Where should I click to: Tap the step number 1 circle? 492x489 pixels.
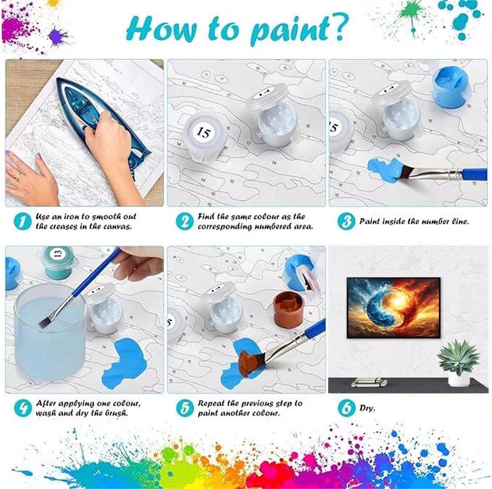(x=23, y=221)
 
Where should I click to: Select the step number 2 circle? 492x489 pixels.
(x=185, y=221)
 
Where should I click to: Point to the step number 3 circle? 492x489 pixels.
(x=346, y=221)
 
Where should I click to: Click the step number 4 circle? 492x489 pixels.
(x=23, y=408)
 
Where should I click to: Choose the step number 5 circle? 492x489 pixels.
(x=185, y=408)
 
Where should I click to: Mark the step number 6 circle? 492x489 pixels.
(x=346, y=408)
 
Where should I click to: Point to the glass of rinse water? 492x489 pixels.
(x=50, y=332)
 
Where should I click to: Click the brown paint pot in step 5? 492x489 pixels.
(x=288, y=309)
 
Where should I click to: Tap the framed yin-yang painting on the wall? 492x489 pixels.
(x=394, y=308)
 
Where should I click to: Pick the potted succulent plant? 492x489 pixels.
(x=458, y=362)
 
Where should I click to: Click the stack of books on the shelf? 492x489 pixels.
(x=369, y=382)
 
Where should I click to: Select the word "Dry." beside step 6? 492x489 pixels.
(x=367, y=408)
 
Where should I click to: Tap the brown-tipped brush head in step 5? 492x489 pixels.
(x=249, y=363)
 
